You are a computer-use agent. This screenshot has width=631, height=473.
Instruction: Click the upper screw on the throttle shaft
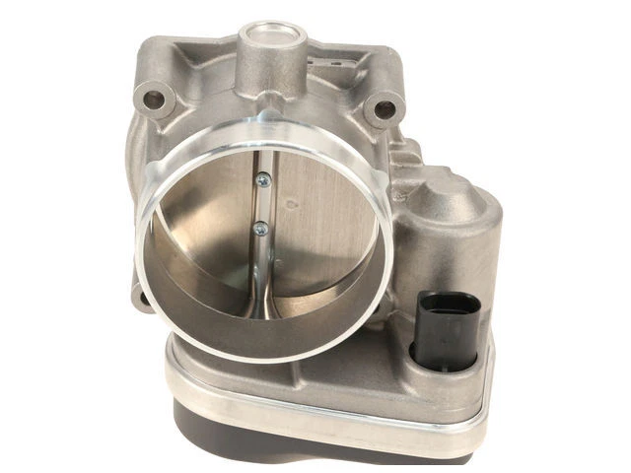[x=262, y=179]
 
